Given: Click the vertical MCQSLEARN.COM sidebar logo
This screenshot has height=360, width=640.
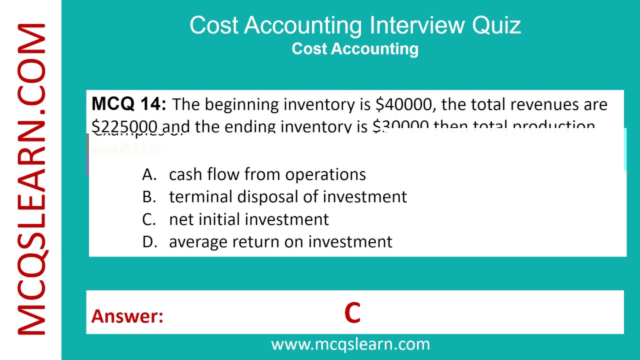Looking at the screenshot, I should coord(31,180).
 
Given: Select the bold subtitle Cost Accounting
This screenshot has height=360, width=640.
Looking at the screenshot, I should coord(355,48).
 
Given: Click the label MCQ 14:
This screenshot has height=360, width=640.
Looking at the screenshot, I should coord(128,104).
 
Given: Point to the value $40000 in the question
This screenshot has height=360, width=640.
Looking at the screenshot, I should coord(403,104).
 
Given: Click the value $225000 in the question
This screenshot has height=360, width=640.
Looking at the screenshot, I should coord(124,126).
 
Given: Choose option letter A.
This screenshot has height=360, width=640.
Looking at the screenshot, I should coord(149,174).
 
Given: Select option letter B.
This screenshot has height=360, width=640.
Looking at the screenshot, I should coord(149,196).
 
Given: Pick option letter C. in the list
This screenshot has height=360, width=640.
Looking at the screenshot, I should coord(149,219).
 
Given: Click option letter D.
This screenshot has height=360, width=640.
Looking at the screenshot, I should coord(149,241).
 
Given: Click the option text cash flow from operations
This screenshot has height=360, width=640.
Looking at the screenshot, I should coord(267,174).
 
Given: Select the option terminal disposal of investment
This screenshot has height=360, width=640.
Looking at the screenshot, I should coord(288,196).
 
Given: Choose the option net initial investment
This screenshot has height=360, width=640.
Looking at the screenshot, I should coord(249,219).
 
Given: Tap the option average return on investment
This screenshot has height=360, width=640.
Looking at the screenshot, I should coord(280,241).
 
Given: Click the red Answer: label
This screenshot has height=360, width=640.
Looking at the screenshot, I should coord(127,316).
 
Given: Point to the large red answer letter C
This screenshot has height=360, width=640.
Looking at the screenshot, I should coord(352,313).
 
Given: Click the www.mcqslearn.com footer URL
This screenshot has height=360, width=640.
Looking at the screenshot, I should coord(350,344).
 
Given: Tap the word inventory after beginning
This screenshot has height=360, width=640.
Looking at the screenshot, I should coord(318,104).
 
